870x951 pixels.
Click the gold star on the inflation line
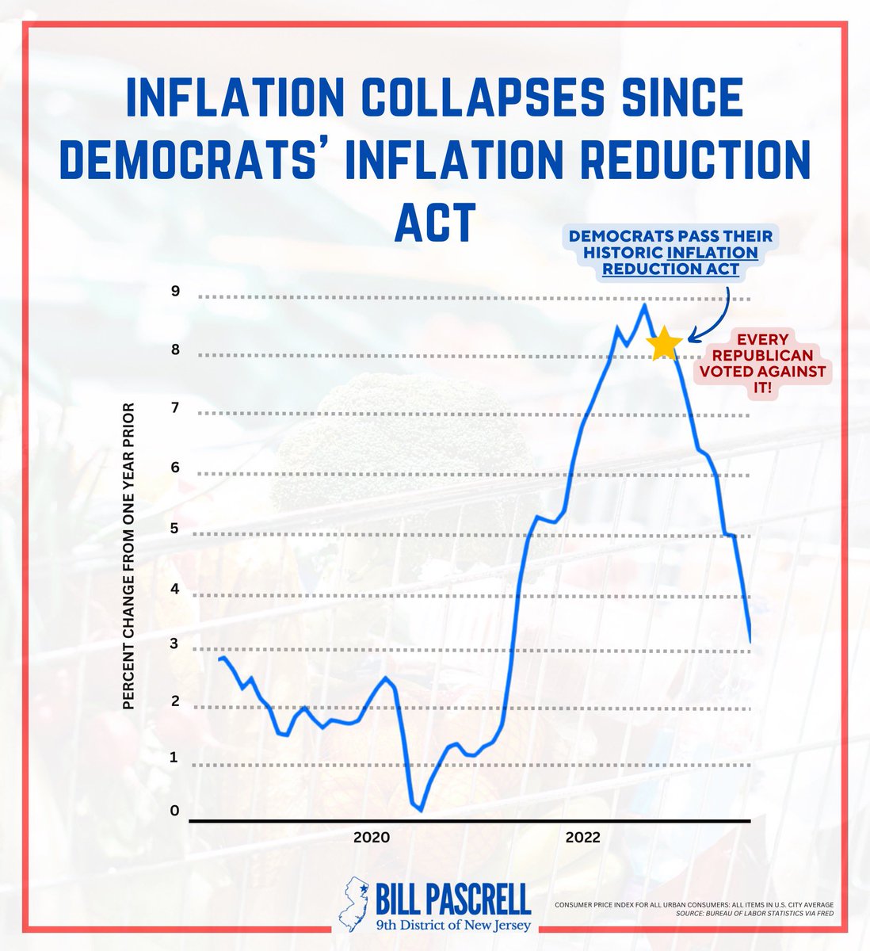pos(664,344)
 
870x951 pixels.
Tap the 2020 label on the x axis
pos(371,838)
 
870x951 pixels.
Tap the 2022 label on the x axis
pos(583,838)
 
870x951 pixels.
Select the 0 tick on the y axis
pos(174,811)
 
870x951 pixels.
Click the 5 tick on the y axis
pos(174,529)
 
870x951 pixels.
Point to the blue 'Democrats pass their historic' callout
pos(670,252)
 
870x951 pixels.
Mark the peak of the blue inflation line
pos(644,304)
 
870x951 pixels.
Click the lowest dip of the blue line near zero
pos(421,810)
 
